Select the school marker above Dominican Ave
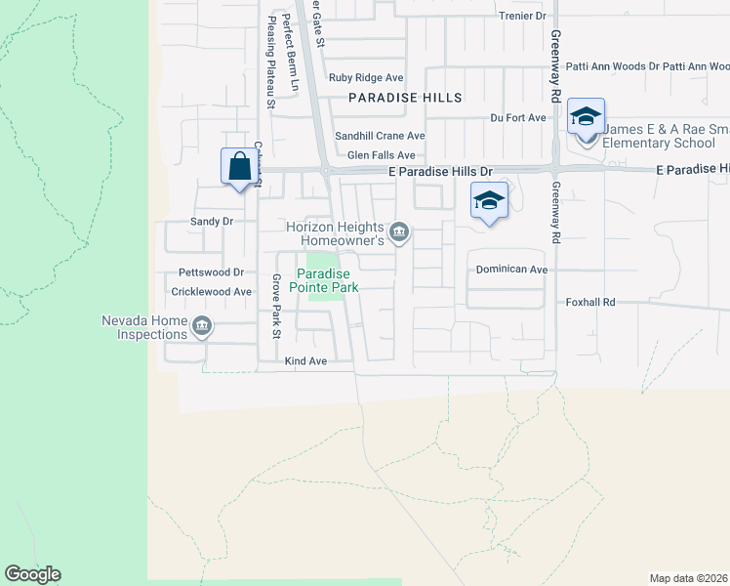(x=489, y=202)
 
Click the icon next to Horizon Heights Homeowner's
(x=398, y=232)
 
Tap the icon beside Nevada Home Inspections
(x=202, y=326)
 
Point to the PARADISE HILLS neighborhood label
(x=405, y=98)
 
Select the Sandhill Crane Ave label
(x=380, y=136)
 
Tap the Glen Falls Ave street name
(x=382, y=154)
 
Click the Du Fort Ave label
(x=518, y=117)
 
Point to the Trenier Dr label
(x=522, y=16)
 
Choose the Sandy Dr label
(x=212, y=221)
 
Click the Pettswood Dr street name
(x=210, y=272)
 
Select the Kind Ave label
(x=304, y=361)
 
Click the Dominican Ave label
(x=512, y=269)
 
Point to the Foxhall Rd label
(x=591, y=303)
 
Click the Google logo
(x=32, y=574)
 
